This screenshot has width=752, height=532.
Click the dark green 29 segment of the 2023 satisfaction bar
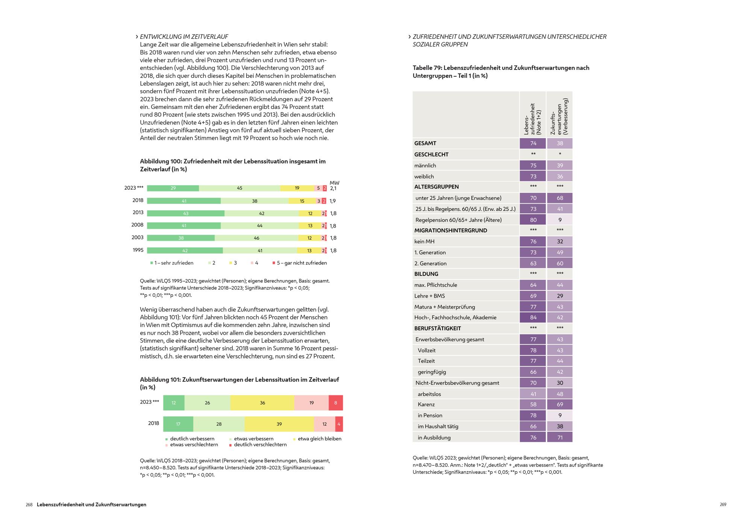pyautogui.click(x=173, y=188)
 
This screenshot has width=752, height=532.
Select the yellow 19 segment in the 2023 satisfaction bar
pyautogui.click(x=297, y=188)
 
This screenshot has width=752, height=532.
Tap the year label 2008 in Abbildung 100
pyautogui.click(x=137, y=225)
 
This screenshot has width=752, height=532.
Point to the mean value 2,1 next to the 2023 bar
pyautogui.click(x=333, y=189)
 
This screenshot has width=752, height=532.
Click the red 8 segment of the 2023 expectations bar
pyautogui.click(x=335, y=403)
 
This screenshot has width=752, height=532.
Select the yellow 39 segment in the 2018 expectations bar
pyautogui.click(x=279, y=424)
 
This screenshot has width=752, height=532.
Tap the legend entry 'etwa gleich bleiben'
pyautogui.click(x=319, y=439)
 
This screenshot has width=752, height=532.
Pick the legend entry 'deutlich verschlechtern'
pyautogui.click(x=260, y=445)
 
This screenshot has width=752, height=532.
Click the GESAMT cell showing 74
pyautogui.click(x=533, y=144)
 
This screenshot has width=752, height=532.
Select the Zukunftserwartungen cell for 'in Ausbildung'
pyautogui.click(x=560, y=438)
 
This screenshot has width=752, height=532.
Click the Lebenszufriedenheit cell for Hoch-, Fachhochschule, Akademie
pyautogui.click(x=533, y=317)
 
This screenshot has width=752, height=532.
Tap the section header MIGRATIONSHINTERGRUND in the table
pyautogui.click(x=450, y=231)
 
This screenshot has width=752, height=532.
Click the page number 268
pyautogui.click(x=29, y=505)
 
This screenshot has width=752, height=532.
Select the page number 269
pyautogui.click(x=723, y=505)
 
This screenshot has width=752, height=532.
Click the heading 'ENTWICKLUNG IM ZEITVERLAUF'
pyautogui.click(x=184, y=37)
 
